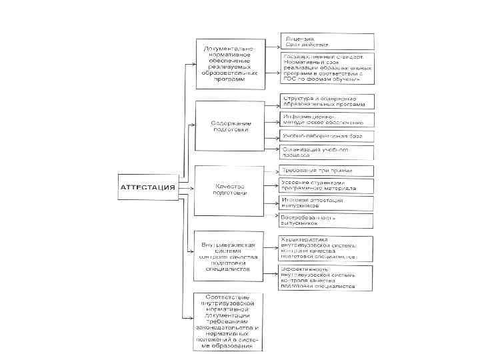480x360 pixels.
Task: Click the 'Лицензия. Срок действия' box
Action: pos(327,41)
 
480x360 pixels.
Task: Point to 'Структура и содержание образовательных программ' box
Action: pos(327,101)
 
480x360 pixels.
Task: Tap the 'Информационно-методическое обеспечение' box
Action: pos(327,119)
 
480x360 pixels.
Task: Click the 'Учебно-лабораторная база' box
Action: pos(327,135)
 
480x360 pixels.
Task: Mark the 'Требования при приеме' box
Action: pos(327,171)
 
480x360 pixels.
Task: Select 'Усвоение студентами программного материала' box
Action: pos(327,186)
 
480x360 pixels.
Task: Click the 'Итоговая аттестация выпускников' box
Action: pos(327,203)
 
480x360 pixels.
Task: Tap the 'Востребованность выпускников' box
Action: pos(327,220)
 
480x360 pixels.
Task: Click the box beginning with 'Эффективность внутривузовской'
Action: pos(327,277)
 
